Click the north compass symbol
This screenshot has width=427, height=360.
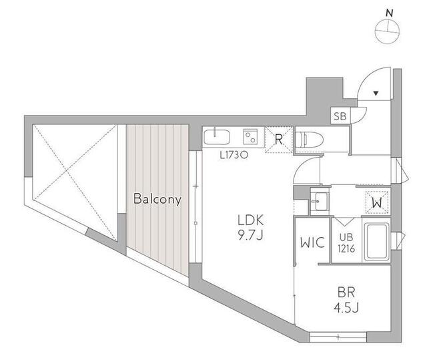coord(387,31)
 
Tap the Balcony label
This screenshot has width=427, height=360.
coord(157,199)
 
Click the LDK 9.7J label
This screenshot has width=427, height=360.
coord(251,228)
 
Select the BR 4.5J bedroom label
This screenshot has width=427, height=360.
coord(346,300)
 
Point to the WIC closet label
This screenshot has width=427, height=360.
coord(312,242)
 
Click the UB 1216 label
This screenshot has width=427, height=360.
coord(346,243)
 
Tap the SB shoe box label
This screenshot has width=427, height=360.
coord(340,116)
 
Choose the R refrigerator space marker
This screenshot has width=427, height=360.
coord(279,140)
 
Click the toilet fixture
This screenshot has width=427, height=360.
coord(310,140)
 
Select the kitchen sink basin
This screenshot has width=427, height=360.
coord(216,137)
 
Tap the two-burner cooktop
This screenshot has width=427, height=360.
coord(251,137)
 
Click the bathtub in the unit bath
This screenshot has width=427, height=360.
coord(376,242)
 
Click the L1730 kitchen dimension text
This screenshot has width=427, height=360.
coord(234,156)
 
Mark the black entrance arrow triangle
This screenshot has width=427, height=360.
coord(376,94)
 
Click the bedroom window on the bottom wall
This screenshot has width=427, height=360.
coord(338,337)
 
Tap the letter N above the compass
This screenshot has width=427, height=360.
coord(390,13)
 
